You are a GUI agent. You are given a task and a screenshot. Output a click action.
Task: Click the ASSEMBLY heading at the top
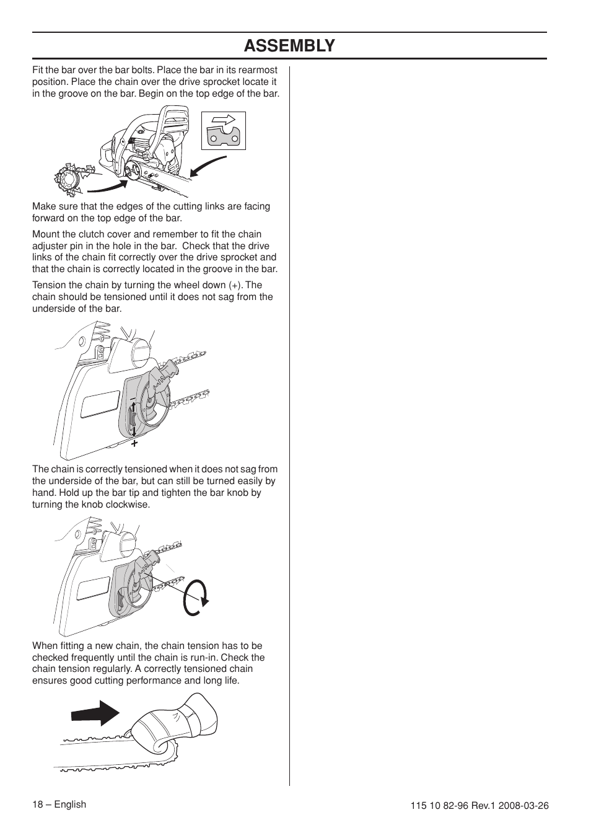click(x=289, y=46)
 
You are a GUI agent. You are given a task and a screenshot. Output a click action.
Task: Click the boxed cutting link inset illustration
click(x=224, y=131)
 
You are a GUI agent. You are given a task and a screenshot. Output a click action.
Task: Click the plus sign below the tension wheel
click(x=134, y=444)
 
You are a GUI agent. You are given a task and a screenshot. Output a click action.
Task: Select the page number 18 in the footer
click(x=37, y=805)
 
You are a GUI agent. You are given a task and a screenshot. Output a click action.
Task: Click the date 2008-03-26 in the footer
click(x=527, y=806)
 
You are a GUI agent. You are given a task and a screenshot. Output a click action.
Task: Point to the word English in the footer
click(x=70, y=805)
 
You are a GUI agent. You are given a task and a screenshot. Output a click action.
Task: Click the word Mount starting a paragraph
click(x=46, y=234)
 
